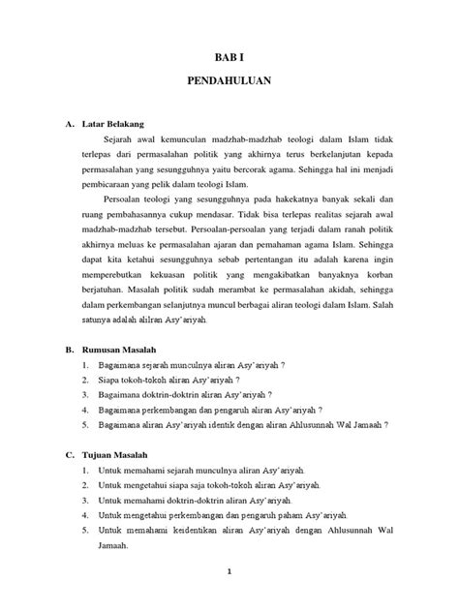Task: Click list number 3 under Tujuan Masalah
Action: point(85,501)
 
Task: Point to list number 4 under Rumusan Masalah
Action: point(85,410)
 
